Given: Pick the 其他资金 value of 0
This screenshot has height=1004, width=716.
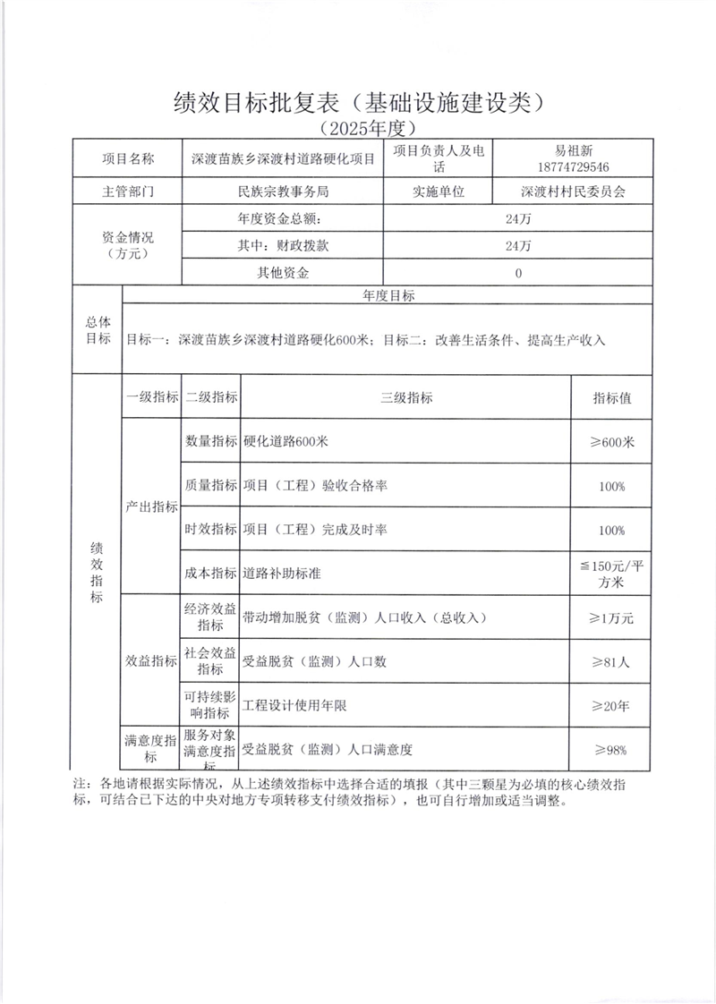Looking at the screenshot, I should pyautogui.click(x=518, y=274).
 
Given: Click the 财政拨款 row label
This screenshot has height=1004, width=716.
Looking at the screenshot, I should pyautogui.click(x=284, y=245).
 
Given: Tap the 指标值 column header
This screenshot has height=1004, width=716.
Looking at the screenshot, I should pyautogui.click(x=612, y=397).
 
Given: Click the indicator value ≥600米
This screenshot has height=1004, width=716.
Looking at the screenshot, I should pyautogui.click(x=612, y=441).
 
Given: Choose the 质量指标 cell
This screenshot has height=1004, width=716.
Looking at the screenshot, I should pyautogui.click(x=210, y=485).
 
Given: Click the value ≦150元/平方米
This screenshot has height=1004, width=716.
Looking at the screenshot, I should pyautogui.click(x=612, y=573).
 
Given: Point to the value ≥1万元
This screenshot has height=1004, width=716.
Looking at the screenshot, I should pyautogui.click(x=612, y=617).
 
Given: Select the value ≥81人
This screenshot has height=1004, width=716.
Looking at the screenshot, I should pyautogui.click(x=612, y=662).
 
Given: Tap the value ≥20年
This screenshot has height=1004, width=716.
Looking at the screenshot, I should pyautogui.click(x=612, y=706).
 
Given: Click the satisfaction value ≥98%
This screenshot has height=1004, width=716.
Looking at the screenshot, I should pyautogui.click(x=612, y=750).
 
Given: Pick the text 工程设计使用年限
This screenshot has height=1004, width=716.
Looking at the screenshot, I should pyautogui.click(x=294, y=706).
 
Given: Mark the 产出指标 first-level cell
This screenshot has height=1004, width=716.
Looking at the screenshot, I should pyautogui.click(x=150, y=506).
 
